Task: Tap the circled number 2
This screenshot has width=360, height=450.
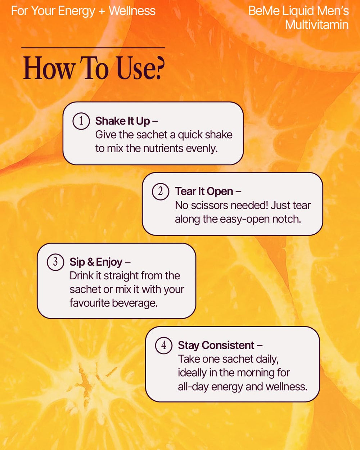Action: (161, 191)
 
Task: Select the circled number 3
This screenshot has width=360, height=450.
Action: (55, 262)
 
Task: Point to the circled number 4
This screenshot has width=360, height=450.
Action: (163, 345)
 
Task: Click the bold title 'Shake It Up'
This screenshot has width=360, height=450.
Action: (122, 121)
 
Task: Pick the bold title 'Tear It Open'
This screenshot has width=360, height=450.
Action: (204, 191)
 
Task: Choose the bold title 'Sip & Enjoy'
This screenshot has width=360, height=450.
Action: (96, 262)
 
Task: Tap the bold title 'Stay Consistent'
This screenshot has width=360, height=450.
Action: (216, 345)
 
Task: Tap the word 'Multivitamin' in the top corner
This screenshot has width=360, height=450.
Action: (317, 25)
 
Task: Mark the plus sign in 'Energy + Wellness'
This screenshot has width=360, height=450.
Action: (102, 11)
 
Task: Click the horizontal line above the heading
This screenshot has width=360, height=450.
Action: (93, 48)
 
